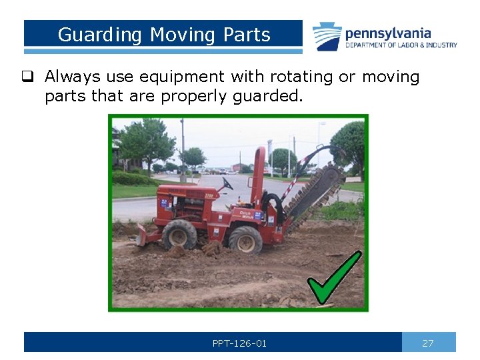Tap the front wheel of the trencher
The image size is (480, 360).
pos(179,235)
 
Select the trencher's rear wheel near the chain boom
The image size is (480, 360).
pos(245,240)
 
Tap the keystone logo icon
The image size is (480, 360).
pos(327,36)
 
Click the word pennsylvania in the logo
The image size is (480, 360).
pos(387,33)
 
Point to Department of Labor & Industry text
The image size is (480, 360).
pos(401,45)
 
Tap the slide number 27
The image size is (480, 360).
pos(428,343)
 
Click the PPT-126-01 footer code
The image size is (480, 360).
pos(239,343)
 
